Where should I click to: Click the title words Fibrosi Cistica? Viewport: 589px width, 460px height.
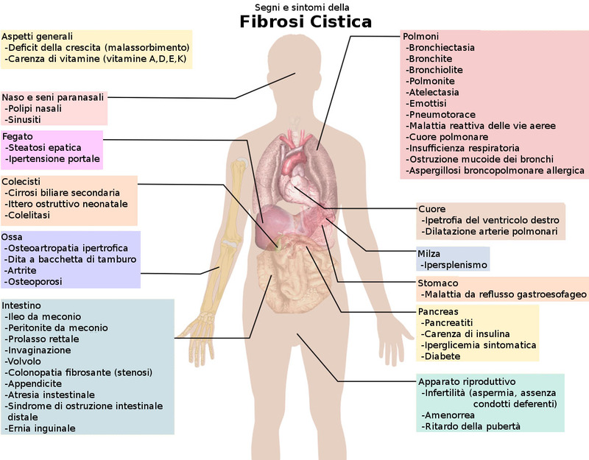click(x=306, y=21)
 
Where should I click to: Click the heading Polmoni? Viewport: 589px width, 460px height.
click(x=421, y=36)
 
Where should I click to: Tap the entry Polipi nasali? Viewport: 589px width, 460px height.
click(x=35, y=108)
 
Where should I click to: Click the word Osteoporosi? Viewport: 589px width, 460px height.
click(x=34, y=281)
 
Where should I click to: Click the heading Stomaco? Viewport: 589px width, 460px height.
click(x=438, y=283)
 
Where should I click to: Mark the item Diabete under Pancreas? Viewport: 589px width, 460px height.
click(x=441, y=356)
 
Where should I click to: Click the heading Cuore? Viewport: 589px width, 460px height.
click(x=431, y=209)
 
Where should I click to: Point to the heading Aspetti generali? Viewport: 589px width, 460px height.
click(x=38, y=36)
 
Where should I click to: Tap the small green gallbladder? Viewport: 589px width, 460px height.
click(x=277, y=242)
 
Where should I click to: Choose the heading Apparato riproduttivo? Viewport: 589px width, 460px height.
click(x=467, y=382)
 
